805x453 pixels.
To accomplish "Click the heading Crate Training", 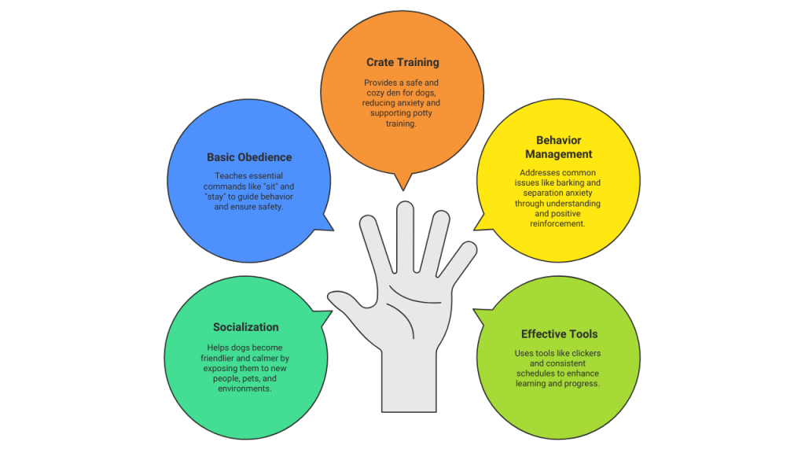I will tap(402, 62).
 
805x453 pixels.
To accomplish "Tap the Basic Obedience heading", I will tap(249, 157).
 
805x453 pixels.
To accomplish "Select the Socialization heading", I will tap(245, 327).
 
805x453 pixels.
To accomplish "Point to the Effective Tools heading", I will tap(559, 333).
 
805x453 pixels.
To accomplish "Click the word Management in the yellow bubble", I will tap(559, 154).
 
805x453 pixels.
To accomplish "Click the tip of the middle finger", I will tap(404, 209).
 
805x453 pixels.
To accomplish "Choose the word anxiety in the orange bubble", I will tap(423, 103).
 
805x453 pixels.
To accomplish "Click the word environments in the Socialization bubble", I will tap(245, 389).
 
